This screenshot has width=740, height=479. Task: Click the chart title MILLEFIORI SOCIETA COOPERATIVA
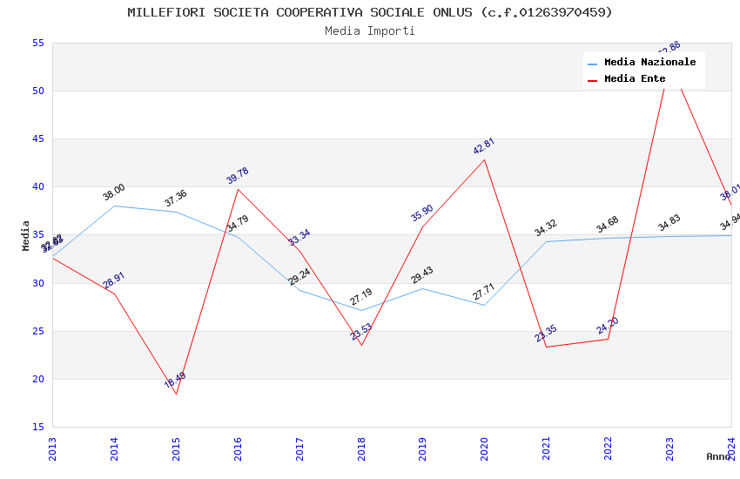tap(370, 12)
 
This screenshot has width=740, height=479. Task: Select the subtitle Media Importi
tap(370, 30)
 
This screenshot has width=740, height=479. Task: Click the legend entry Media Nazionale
tap(649, 62)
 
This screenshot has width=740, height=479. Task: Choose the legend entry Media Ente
tap(635, 78)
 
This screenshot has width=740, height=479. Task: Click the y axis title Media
tap(26, 235)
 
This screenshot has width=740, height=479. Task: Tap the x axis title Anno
tap(718, 456)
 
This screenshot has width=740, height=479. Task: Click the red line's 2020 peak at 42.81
tap(485, 159)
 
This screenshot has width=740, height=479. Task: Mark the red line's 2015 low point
tap(176, 394)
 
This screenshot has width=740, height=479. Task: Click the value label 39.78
tap(237, 175)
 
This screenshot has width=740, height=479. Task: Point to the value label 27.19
tap(360, 297)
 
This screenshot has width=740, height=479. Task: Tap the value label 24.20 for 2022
tap(608, 326)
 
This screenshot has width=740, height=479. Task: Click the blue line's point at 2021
tap(547, 241)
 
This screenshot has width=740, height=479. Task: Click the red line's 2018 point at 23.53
tap(361, 345)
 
